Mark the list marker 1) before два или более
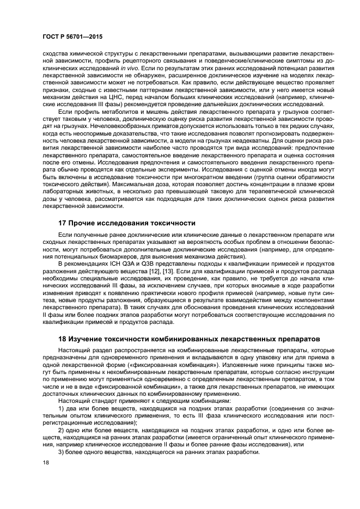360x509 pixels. point(61,408)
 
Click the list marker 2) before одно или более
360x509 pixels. point(61,430)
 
